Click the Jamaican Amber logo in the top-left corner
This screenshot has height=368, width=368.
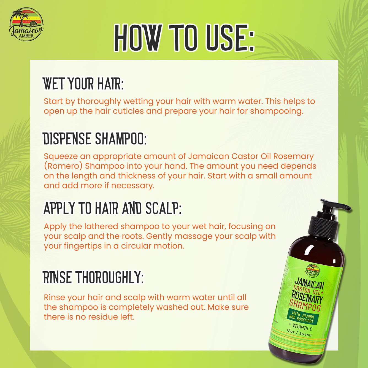pos(26,24)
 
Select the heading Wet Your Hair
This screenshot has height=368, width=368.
pos(83,84)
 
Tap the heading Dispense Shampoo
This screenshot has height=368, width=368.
pos(95,139)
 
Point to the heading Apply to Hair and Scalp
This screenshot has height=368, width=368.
pos(112,208)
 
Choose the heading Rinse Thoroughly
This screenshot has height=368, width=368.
pos(93,277)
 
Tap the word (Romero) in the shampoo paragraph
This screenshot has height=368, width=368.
pos(63,166)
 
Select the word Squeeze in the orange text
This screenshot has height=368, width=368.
pos(61,156)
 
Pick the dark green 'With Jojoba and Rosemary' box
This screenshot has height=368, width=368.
pos(302,317)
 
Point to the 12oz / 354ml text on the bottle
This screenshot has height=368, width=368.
pos(299,333)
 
